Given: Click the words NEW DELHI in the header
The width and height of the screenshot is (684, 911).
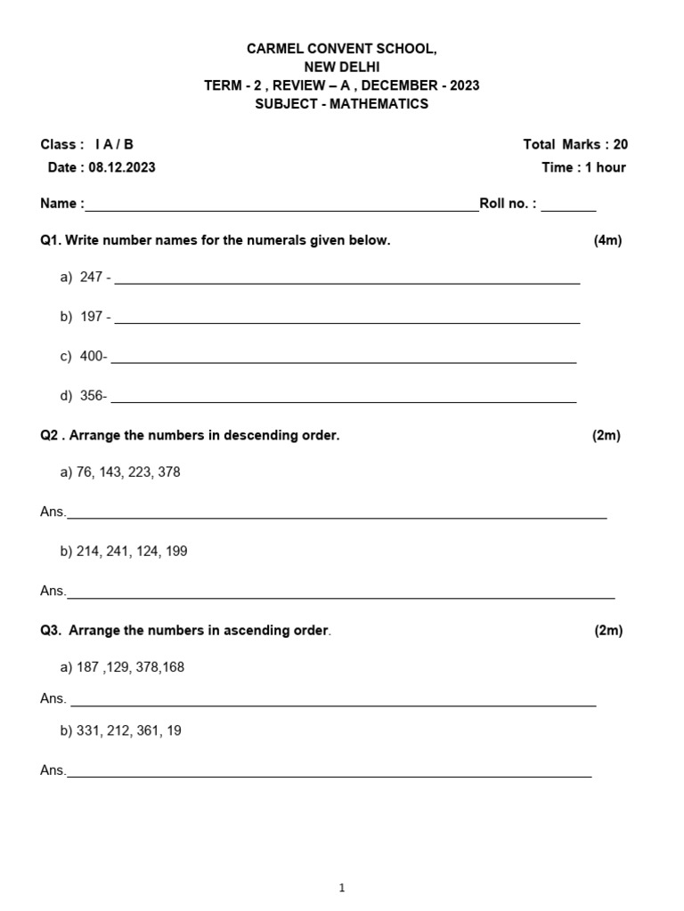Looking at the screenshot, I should tap(341, 67).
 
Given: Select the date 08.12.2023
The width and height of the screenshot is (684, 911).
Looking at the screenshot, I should tap(121, 167).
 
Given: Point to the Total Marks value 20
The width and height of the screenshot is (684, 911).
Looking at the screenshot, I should tap(621, 144).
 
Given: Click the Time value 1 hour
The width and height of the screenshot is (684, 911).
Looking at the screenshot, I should tap(606, 167).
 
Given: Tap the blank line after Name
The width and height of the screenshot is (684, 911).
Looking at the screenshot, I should tap(281, 210).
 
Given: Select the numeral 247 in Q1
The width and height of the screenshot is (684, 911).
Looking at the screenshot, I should tap(92, 277).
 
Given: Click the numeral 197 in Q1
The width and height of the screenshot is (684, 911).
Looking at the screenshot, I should tap(92, 316).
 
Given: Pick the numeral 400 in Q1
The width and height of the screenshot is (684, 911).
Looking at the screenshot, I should tap(92, 356).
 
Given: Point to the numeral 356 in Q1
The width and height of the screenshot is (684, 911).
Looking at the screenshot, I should tap(92, 396).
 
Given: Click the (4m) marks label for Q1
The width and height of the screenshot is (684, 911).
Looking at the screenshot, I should tap(607, 240).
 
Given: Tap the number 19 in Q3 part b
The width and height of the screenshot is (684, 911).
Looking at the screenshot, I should tap(174, 730).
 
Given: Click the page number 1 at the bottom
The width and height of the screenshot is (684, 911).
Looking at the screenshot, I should tap(342, 888).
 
